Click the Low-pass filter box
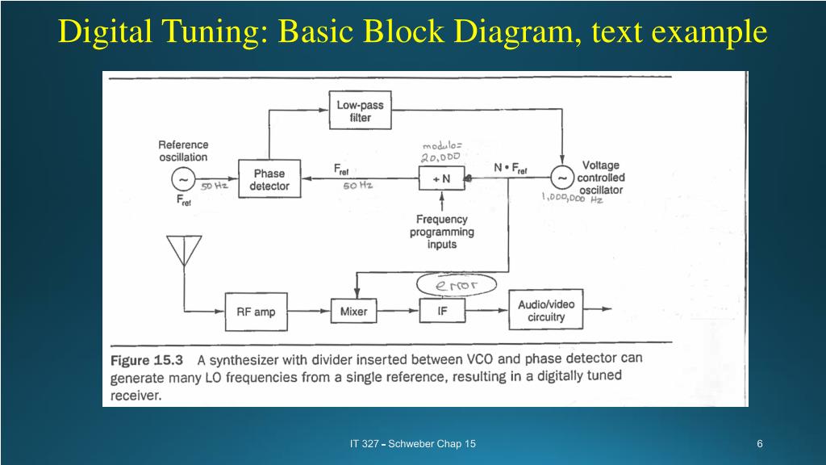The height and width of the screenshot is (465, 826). pos(361,110)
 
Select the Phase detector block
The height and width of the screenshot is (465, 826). pos(269,178)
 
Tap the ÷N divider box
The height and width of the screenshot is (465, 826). pos(441,178)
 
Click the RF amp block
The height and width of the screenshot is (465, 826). pos(256,312)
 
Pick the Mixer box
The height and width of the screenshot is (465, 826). pos(353,311)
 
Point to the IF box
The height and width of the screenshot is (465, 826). pos(442,311)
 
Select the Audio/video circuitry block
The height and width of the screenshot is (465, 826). pos(546,309)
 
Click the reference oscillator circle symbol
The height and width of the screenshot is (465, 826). pos(183,179)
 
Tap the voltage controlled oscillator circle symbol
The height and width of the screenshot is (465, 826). pos(562,177)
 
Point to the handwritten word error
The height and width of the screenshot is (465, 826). pos(457,285)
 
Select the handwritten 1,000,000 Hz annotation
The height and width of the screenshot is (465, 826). pos(572,199)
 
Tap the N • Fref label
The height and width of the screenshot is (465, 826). pos(511,169)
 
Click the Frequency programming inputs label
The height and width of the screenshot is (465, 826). pos(442,232)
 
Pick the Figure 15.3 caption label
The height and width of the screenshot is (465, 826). pos(147,361)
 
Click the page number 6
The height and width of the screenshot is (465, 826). pos(760,444)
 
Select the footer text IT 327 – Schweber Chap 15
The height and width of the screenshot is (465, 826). pos(412,444)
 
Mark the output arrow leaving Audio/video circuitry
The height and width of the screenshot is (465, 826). pos(598,309)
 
